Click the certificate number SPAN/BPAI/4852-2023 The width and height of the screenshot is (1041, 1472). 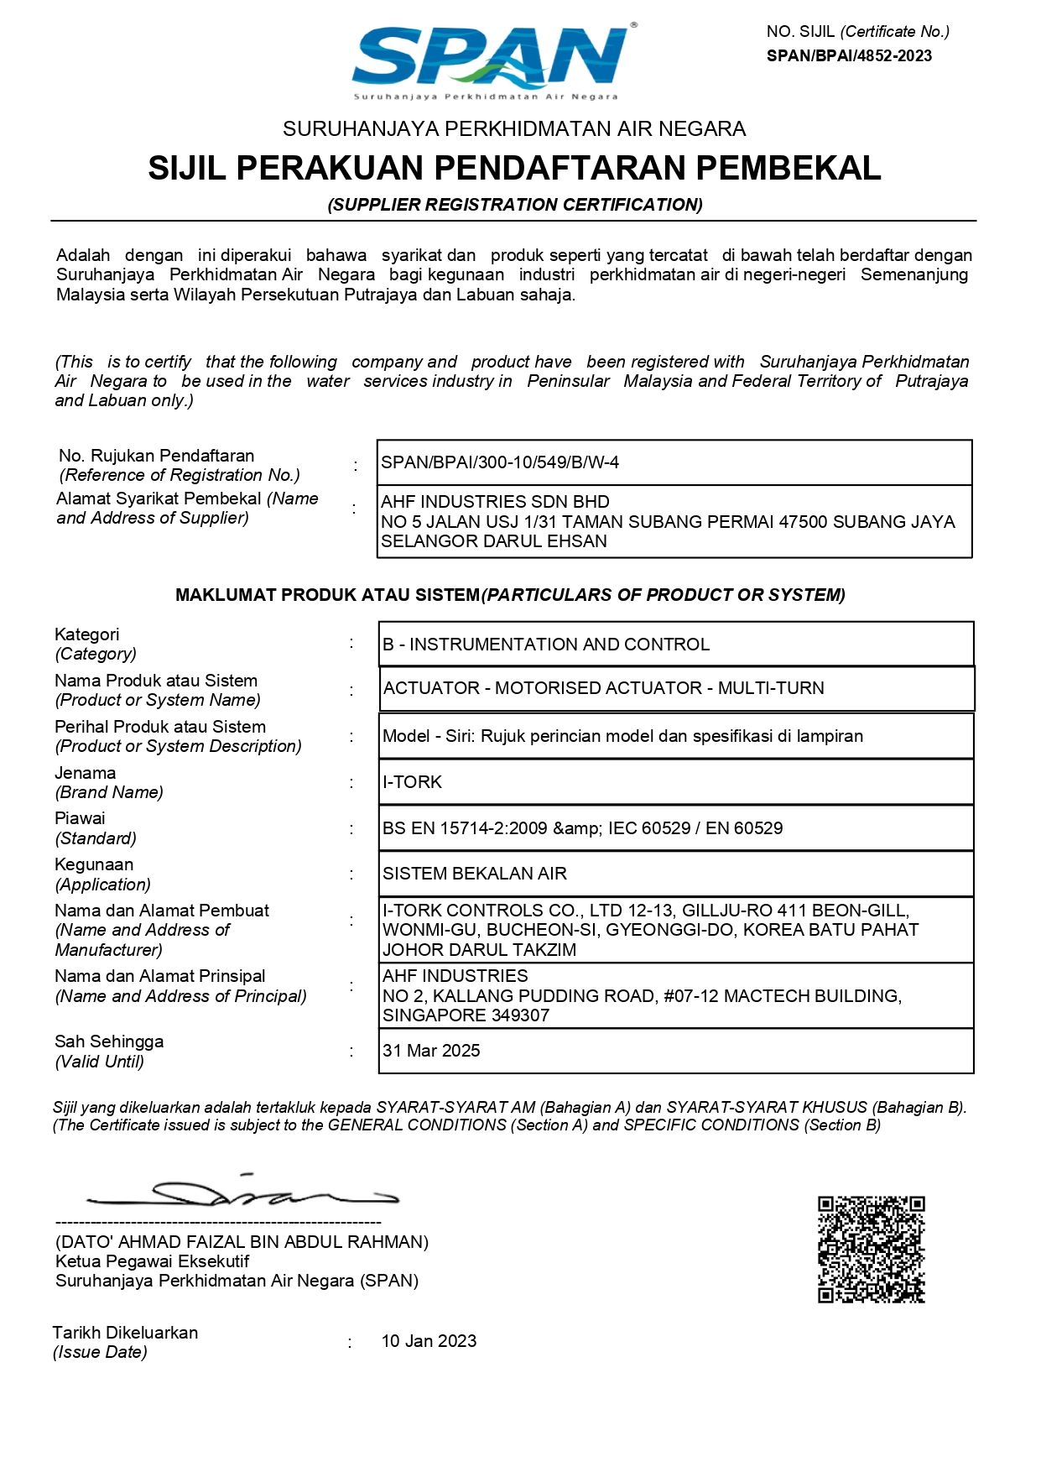(x=849, y=56)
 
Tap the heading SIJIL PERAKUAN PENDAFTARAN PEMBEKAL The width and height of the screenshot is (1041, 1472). (x=514, y=168)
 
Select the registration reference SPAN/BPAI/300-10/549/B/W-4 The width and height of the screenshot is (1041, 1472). (x=500, y=462)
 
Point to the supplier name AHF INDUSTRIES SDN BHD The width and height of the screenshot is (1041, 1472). (x=495, y=502)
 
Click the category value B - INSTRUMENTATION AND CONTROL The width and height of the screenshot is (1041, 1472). (x=546, y=645)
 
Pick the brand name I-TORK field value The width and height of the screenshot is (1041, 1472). (x=412, y=782)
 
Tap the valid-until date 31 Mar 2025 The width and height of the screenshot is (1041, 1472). (x=431, y=1051)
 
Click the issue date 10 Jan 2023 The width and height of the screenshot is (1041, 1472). (x=429, y=1341)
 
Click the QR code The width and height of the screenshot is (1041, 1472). (x=871, y=1250)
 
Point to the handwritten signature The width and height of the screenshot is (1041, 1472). (x=243, y=1192)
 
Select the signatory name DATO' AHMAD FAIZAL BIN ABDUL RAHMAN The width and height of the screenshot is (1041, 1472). (x=242, y=1242)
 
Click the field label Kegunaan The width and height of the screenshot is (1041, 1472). (x=94, y=864)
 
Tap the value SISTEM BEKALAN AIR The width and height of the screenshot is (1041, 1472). (x=475, y=874)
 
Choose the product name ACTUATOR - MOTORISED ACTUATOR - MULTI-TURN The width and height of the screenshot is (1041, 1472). (x=603, y=688)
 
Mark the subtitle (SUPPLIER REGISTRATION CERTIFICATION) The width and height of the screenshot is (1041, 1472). (x=515, y=205)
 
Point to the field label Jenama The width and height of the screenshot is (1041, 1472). (x=86, y=773)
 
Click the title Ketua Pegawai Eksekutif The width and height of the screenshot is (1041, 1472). (x=153, y=1261)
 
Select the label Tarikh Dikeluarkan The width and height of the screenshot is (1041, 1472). (x=126, y=1333)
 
